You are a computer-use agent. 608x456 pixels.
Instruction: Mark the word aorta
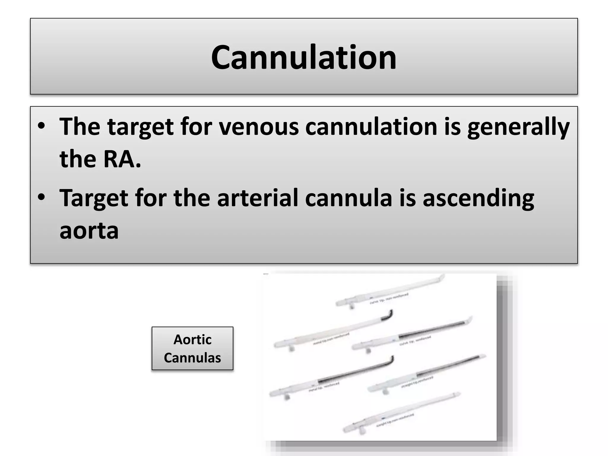click(89, 231)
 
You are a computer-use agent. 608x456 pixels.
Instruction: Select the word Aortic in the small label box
click(192, 340)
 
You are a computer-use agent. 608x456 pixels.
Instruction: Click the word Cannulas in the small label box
click(192, 358)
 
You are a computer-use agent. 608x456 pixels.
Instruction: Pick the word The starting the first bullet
click(80, 127)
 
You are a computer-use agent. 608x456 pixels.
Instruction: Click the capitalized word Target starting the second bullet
click(94, 198)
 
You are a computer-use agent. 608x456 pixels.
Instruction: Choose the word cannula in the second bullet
click(349, 198)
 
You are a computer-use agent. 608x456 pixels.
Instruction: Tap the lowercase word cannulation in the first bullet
click(371, 127)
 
